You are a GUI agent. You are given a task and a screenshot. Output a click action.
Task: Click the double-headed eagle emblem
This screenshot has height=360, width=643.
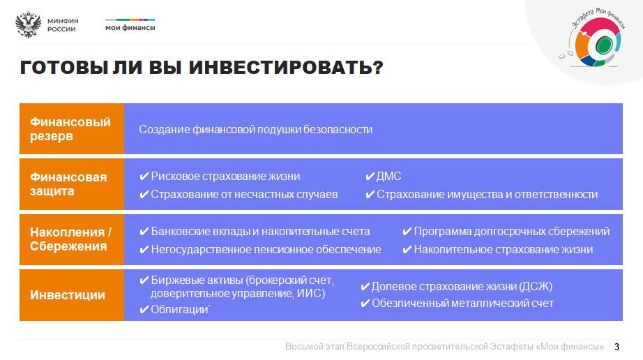[x=29, y=24]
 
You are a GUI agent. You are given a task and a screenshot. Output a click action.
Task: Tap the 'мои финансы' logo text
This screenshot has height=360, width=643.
[x=130, y=28]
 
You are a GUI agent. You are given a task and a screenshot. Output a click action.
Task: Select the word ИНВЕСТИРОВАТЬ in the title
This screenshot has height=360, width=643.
[x=286, y=68]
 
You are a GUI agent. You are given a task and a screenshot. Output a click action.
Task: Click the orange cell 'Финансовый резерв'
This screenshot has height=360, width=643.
[x=72, y=129]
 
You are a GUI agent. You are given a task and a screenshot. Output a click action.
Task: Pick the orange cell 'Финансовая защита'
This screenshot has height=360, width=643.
[x=72, y=184]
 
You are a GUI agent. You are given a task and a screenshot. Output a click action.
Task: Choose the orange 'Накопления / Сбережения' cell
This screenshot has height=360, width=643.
[x=72, y=239]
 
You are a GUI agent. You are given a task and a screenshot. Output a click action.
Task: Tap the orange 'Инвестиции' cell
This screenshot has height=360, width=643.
[x=72, y=295]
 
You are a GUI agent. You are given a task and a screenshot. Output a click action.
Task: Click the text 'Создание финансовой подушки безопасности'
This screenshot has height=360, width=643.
[x=255, y=130]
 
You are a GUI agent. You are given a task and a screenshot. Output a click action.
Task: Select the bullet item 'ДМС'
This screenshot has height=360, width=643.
[x=384, y=177]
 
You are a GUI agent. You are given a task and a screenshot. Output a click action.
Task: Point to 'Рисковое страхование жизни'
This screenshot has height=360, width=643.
[x=225, y=177]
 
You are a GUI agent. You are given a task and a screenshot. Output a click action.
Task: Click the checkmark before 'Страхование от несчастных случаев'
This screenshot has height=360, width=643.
[x=144, y=195]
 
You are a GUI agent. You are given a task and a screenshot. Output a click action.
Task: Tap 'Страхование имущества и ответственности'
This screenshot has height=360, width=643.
[x=487, y=195]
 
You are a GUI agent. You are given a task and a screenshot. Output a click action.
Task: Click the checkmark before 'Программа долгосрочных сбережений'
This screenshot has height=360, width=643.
[x=407, y=232]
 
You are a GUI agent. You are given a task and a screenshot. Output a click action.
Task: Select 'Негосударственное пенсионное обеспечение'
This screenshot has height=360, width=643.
[x=266, y=249]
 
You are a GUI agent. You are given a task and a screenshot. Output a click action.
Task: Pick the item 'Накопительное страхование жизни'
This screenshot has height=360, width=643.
[x=503, y=249]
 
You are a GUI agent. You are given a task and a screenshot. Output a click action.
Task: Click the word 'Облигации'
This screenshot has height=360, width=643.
[x=180, y=310]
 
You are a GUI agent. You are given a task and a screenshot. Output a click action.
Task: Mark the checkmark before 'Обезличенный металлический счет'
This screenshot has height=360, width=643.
[x=365, y=303]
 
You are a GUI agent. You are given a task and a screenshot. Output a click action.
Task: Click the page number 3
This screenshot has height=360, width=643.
[x=616, y=347]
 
